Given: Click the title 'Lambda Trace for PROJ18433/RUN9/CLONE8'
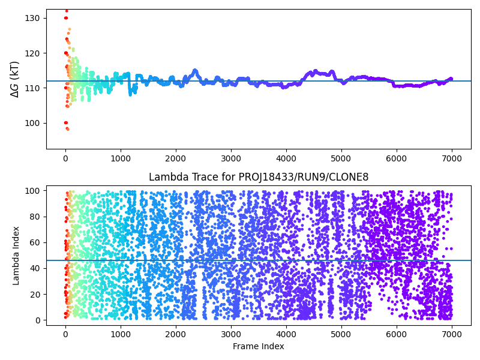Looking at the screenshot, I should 259,177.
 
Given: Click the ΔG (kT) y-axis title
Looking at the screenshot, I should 15,79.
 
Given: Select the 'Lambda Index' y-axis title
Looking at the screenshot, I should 16,255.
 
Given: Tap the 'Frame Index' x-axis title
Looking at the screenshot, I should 258,346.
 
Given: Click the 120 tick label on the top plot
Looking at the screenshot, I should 32,53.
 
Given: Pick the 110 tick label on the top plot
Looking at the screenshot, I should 32,88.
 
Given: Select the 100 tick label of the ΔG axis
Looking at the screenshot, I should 32,123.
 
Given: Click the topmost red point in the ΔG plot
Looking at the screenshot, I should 67,11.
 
